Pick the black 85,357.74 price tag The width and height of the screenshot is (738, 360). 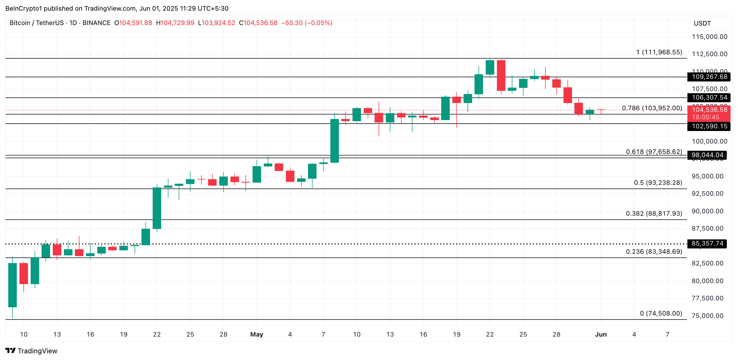[x=707, y=243]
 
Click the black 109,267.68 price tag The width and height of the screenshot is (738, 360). [x=709, y=77]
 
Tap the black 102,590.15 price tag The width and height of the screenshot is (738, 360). [x=709, y=126]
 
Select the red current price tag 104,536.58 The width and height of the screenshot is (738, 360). [x=709, y=110]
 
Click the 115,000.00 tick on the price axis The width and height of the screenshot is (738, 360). [x=709, y=37]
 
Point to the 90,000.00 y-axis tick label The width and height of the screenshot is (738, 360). [x=707, y=211]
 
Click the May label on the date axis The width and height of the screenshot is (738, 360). [x=256, y=334]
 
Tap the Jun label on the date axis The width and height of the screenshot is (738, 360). [x=601, y=334]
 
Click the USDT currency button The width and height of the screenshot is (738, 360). [x=702, y=23]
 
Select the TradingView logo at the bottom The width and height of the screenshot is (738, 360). [x=31, y=351]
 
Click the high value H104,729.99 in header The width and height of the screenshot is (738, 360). [x=175, y=23]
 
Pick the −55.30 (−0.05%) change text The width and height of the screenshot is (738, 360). [x=307, y=23]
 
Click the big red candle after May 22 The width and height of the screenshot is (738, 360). [x=501, y=75]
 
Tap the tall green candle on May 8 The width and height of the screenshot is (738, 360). [x=334, y=141]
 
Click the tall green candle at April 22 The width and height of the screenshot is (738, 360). [x=157, y=208]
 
